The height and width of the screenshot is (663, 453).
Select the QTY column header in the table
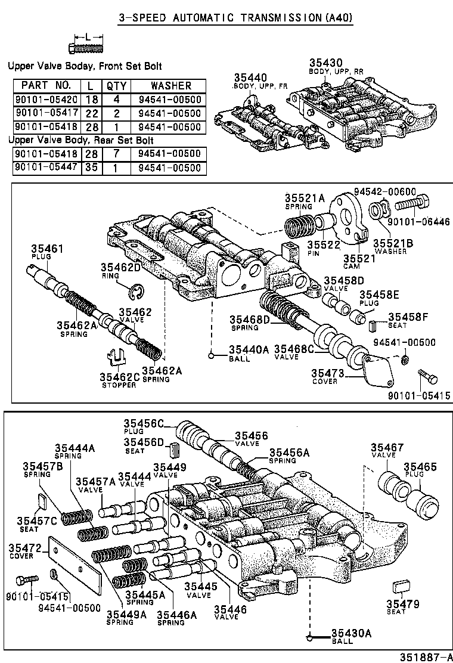(116, 86)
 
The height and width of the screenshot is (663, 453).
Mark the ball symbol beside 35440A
(212, 357)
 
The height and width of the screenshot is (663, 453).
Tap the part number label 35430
(327, 63)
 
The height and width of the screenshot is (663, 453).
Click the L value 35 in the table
(89, 168)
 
